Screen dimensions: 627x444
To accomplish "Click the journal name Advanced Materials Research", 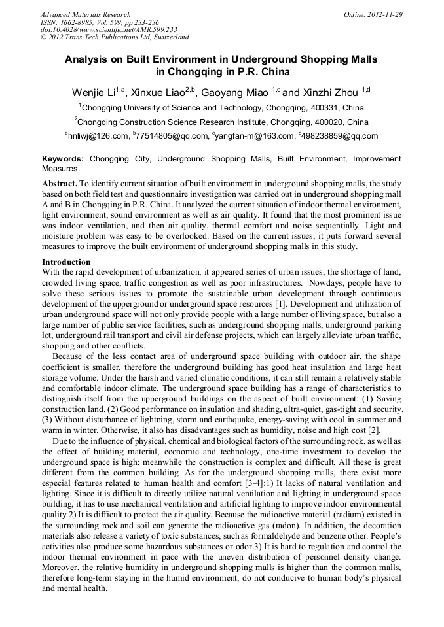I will [x=85, y=14].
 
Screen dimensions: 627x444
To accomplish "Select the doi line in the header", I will [x=108, y=29].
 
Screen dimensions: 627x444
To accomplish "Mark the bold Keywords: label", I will [x=63, y=159].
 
